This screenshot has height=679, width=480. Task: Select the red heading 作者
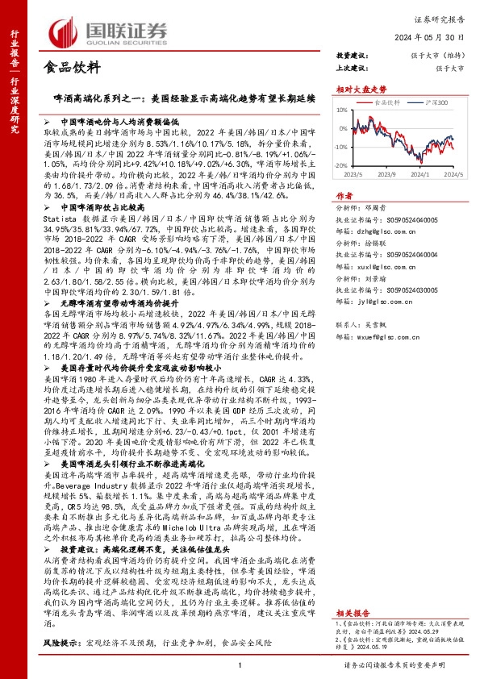click(x=344, y=195)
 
